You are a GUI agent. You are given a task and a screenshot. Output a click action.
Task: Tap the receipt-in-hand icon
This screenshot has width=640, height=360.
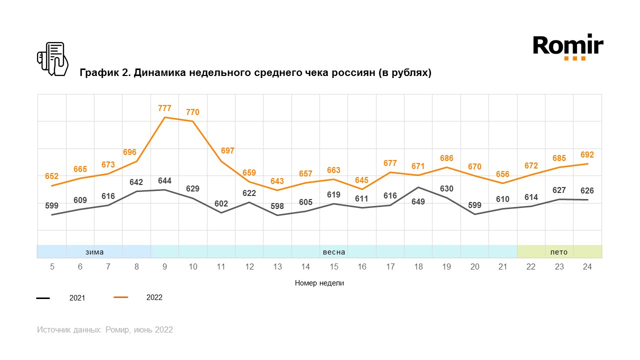[x=52, y=59]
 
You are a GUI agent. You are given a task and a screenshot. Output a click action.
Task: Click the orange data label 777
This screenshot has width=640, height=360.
[x=164, y=108]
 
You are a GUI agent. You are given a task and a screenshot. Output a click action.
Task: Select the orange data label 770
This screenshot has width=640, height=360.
[x=192, y=112]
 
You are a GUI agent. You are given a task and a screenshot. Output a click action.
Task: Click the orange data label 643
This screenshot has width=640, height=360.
[x=277, y=181]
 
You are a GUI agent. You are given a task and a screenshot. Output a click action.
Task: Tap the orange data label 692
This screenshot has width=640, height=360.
[x=587, y=155]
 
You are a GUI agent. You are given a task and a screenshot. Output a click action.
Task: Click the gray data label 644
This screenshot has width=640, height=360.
[x=164, y=180]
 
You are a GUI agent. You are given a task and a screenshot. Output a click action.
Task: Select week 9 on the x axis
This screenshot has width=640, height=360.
[x=164, y=267]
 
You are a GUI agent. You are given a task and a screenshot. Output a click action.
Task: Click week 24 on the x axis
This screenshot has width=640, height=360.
[x=587, y=267]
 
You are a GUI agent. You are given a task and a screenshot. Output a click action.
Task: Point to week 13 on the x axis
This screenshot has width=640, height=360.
[x=277, y=267]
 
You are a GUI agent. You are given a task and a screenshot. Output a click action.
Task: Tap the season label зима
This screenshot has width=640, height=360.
[x=94, y=252]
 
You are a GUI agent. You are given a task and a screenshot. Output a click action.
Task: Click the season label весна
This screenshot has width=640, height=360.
[x=334, y=252]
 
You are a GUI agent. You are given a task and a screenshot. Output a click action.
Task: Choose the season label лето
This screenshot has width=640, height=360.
[x=559, y=252]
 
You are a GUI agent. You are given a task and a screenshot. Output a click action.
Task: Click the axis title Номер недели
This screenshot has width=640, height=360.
[x=319, y=283]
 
